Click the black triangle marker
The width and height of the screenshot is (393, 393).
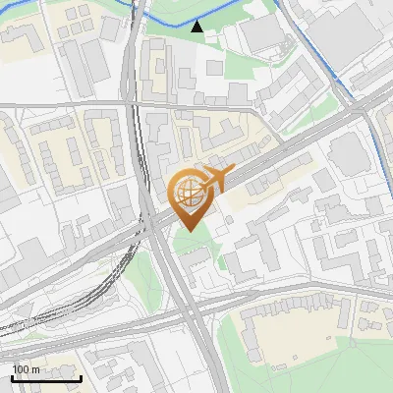tap(197, 27)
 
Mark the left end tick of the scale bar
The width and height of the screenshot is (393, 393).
tap(12, 376)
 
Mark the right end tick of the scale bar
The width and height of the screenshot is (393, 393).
tap(80, 376)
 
